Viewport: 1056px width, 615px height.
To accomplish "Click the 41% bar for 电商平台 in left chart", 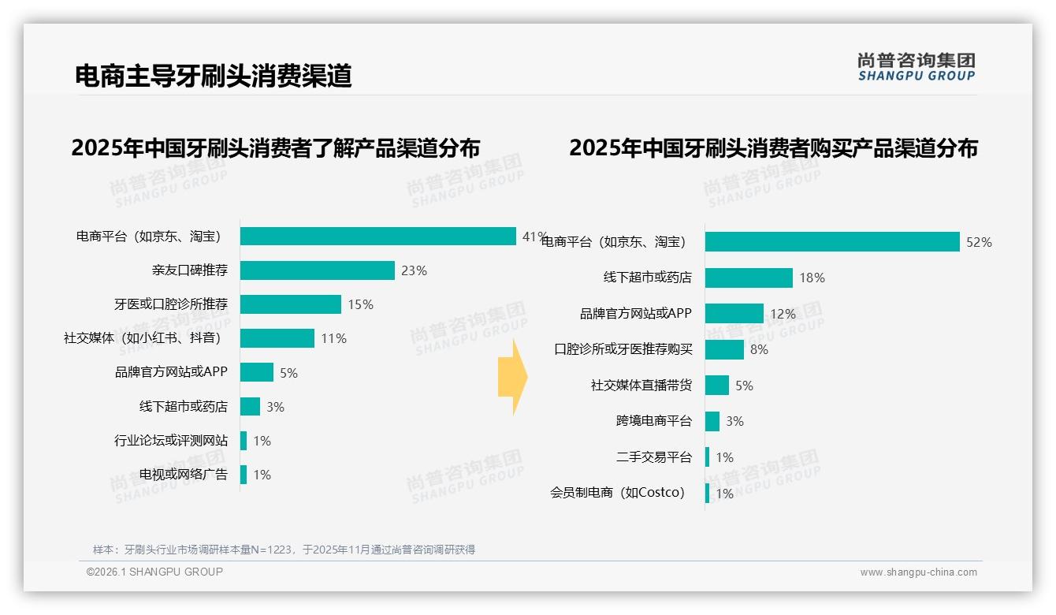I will pyautogui.click(x=378, y=237).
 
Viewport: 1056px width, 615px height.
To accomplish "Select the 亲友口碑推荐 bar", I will pyautogui.click(x=317, y=270).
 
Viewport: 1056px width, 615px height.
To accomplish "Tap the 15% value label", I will pyautogui.click(x=360, y=305).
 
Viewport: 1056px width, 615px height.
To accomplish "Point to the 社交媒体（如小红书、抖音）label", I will pyautogui.click(x=143, y=338).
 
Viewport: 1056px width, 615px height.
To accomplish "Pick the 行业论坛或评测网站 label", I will pyautogui.click(x=171, y=441).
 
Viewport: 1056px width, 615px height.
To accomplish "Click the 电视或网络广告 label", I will pyautogui.click(x=184, y=475).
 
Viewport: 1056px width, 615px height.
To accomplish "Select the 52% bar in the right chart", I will pyautogui.click(x=832, y=242).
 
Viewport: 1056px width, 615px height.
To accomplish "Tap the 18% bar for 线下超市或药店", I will pyautogui.click(x=749, y=278).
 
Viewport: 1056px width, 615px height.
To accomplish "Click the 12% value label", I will pyautogui.click(x=783, y=314).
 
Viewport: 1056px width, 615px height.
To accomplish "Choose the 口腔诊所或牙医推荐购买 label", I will pyautogui.click(x=623, y=349).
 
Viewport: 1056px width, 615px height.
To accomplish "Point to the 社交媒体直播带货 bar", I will pyautogui.click(x=717, y=386).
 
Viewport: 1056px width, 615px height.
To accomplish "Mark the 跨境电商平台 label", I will pyautogui.click(x=653, y=421).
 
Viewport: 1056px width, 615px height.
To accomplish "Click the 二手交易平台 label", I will pyautogui.click(x=653, y=457).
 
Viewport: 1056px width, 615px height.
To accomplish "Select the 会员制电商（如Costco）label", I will pyautogui.click(x=618, y=494).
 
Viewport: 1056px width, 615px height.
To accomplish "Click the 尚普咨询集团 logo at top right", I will pyautogui.click(x=916, y=67).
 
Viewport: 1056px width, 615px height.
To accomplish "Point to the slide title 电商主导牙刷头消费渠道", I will pyautogui.click(x=213, y=76).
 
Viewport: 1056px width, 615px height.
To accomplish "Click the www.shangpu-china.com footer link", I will pyautogui.click(x=918, y=572).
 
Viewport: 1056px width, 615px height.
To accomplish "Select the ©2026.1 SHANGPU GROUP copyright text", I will pyautogui.click(x=154, y=572).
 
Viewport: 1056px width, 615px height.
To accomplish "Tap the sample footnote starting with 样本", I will pyautogui.click(x=284, y=550).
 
